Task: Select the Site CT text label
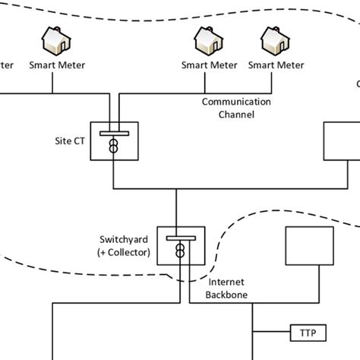click(70, 141)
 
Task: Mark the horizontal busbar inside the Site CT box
click(113, 133)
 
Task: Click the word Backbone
click(209, 294)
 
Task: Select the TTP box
click(306, 332)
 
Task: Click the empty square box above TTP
click(311, 246)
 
